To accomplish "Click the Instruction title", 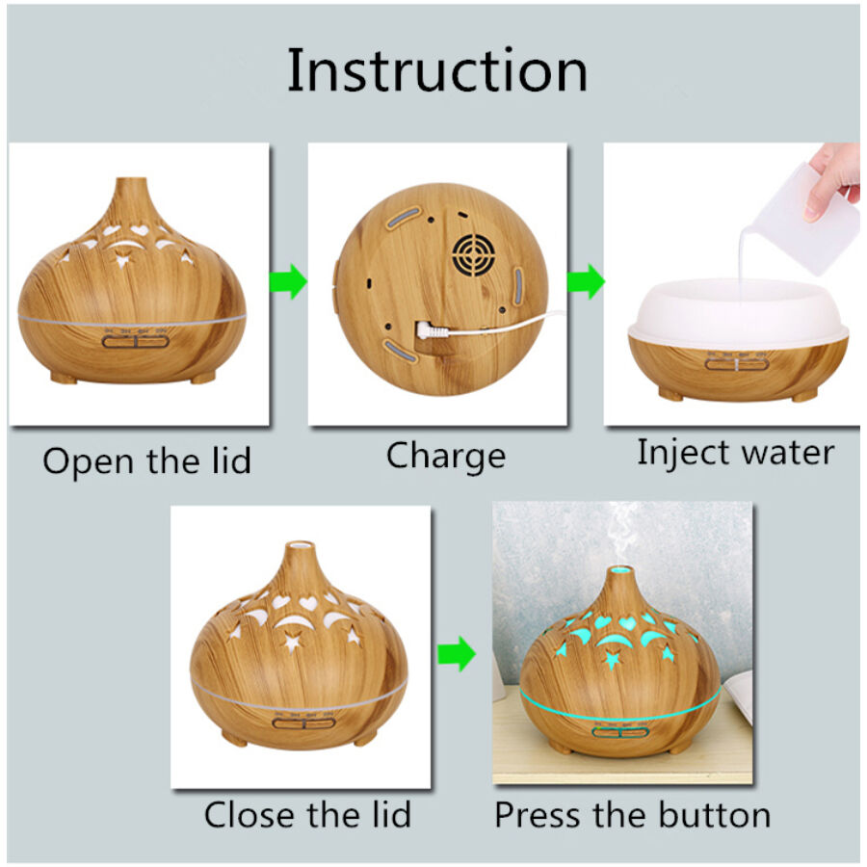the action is tap(436, 70).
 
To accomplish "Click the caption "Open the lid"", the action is tap(146, 460).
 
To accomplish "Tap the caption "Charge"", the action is tap(446, 457).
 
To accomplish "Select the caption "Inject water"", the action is tap(735, 453).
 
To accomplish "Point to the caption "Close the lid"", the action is tap(307, 814).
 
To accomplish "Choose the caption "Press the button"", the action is tap(633, 814).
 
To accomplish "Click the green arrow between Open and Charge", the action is tap(288, 281).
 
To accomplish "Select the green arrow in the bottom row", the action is tap(457, 654).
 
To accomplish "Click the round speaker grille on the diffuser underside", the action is tap(473, 255).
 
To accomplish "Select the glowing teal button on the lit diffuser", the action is tap(619, 733).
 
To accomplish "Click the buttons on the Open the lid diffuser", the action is tap(136, 342).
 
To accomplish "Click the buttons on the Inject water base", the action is tap(737, 364).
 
